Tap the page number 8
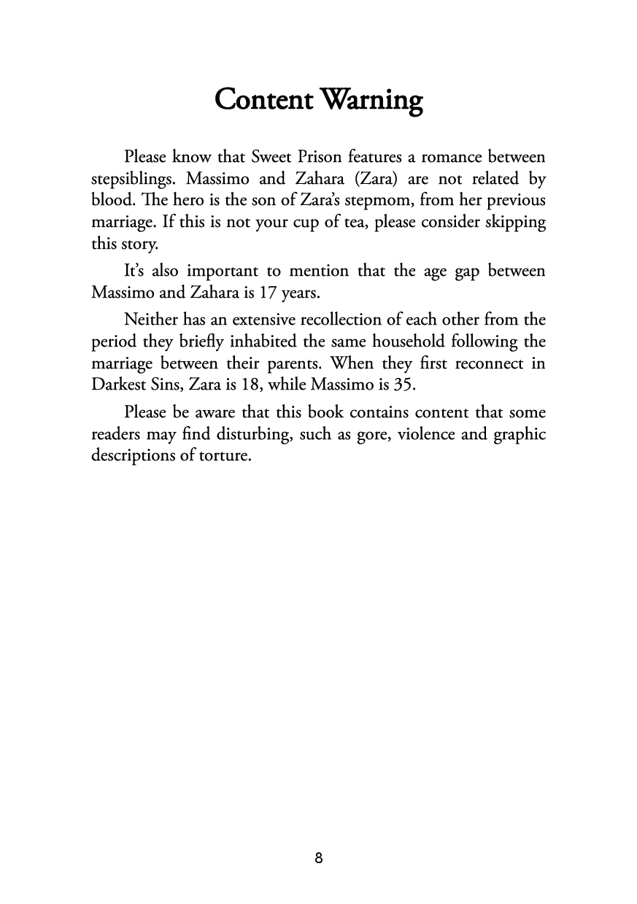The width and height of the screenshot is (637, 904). click(319, 858)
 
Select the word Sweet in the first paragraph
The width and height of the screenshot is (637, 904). click(272, 157)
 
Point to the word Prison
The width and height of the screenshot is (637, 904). click(326, 157)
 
